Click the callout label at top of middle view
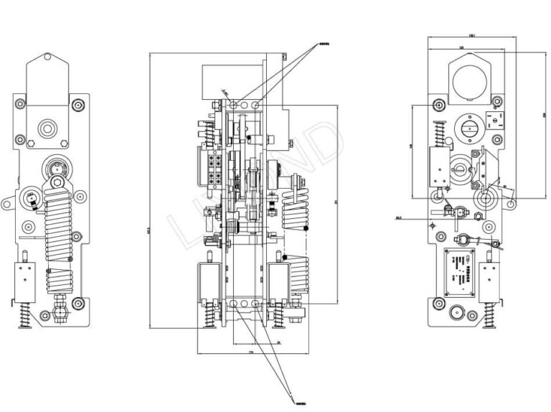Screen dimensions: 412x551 [x=314, y=45]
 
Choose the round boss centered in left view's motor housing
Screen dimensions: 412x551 [x=48, y=129]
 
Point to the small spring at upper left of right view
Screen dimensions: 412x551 [x=439, y=131]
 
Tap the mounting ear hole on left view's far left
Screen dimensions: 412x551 [x=6, y=204]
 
